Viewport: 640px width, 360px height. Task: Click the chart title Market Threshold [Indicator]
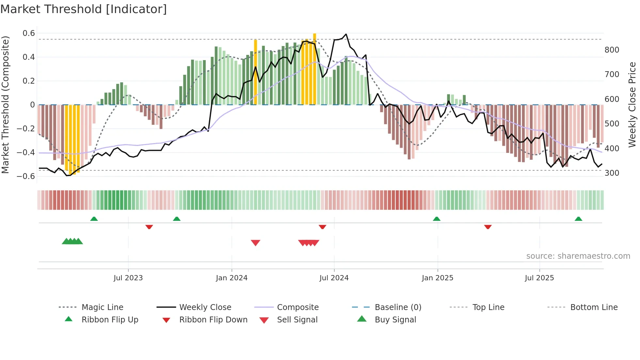pyautogui.click(x=84, y=9)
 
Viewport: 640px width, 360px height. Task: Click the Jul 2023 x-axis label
pyautogui.click(x=128, y=278)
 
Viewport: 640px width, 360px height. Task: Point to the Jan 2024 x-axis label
pyautogui.click(x=232, y=278)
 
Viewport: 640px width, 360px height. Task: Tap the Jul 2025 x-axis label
pyautogui.click(x=539, y=278)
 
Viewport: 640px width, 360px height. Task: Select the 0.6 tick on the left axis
pyautogui.click(x=29, y=33)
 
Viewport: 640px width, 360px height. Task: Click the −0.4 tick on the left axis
pyautogui.click(x=26, y=153)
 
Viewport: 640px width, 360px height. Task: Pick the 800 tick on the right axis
pyautogui.click(x=612, y=50)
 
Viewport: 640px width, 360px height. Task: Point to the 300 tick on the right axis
pyautogui.click(x=612, y=173)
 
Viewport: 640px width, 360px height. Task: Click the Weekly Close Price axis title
pyautogui.click(x=632, y=105)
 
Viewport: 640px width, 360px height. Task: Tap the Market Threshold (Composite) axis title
pyautogui.click(x=5, y=105)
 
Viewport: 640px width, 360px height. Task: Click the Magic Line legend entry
pyautogui.click(x=102, y=307)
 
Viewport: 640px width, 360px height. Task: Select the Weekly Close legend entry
pyautogui.click(x=205, y=307)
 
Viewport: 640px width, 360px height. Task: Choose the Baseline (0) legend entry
pyautogui.click(x=398, y=307)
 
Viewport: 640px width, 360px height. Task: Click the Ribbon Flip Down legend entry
pyautogui.click(x=213, y=320)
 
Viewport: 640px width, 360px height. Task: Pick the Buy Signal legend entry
pyautogui.click(x=395, y=320)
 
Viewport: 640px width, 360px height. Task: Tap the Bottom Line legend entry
pyautogui.click(x=594, y=307)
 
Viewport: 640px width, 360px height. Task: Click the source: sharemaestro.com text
pyautogui.click(x=578, y=256)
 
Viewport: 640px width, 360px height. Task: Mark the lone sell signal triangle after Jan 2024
pyautogui.click(x=255, y=243)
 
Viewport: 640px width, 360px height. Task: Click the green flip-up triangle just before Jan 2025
pyautogui.click(x=437, y=219)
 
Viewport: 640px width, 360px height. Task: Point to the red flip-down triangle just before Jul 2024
pyautogui.click(x=322, y=227)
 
